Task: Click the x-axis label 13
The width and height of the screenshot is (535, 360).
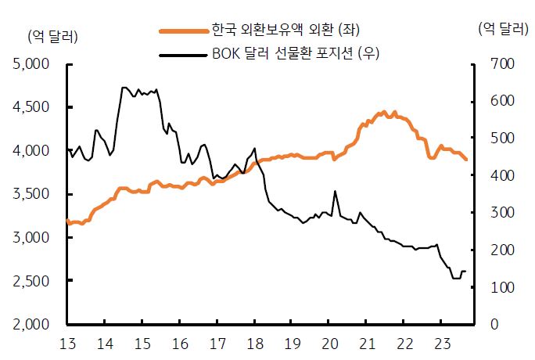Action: (x=67, y=343)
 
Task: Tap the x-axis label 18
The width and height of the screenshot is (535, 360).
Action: (x=254, y=343)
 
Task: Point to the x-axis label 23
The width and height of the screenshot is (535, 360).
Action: (x=441, y=343)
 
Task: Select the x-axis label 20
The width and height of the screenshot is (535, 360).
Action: (x=329, y=343)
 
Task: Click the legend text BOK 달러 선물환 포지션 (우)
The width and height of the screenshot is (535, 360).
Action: (x=300, y=53)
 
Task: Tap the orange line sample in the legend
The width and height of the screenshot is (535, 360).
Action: (x=183, y=31)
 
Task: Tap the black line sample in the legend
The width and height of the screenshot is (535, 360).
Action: (x=183, y=54)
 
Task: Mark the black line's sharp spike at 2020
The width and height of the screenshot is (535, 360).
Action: (x=335, y=191)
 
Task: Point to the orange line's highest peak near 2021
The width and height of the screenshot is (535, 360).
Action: (x=383, y=112)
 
